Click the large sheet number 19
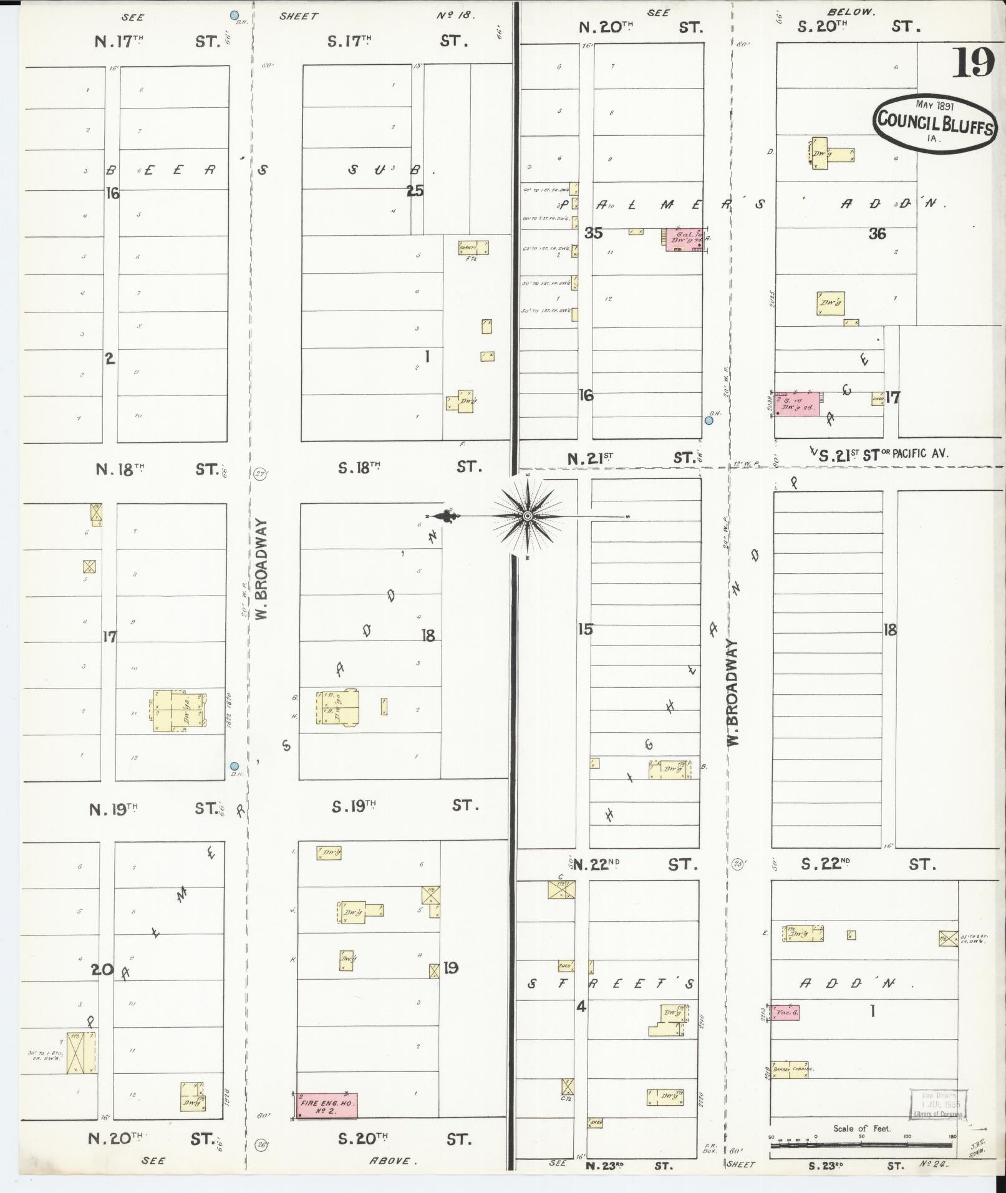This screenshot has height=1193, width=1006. [972, 64]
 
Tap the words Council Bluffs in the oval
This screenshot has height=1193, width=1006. [934, 120]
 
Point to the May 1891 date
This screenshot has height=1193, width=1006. [934, 105]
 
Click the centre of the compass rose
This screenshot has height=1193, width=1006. [527, 516]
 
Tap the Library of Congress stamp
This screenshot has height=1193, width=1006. [938, 1104]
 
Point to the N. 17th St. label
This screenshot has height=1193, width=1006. [157, 41]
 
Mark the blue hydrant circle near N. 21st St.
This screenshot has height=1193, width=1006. [709, 420]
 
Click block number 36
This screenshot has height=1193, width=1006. [877, 234]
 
